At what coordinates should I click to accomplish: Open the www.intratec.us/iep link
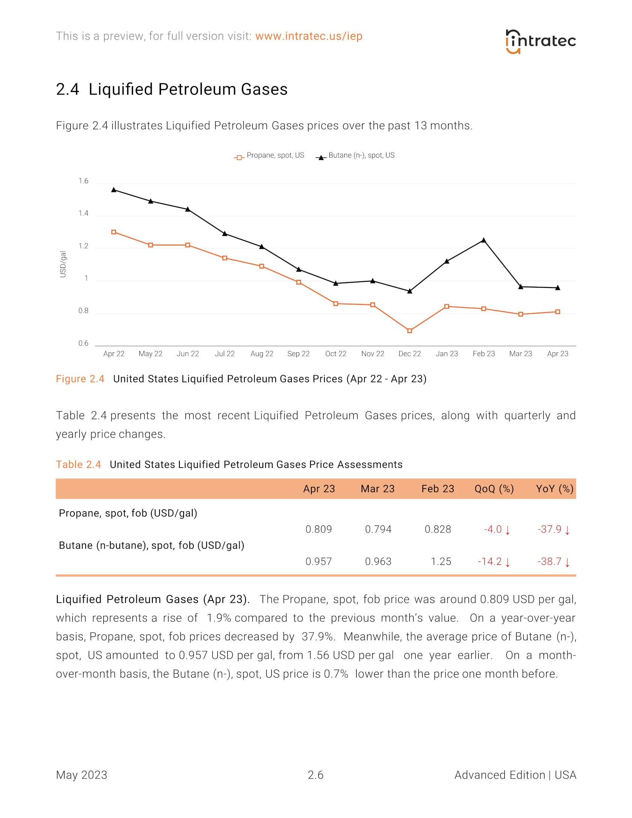[x=309, y=36]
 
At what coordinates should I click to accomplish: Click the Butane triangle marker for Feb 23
[x=484, y=240]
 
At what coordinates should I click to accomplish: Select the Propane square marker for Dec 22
[x=410, y=331]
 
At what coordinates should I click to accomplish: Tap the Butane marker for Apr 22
[x=114, y=190]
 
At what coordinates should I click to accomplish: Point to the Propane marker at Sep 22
[x=299, y=282]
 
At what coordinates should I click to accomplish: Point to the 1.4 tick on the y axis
[x=83, y=213]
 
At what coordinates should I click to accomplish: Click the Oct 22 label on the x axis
[x=336, y=354]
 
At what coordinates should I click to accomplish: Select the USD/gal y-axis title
[x=63, y=264]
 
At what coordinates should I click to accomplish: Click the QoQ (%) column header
[x=494, y=489]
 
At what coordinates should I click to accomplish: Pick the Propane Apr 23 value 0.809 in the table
[x=318, y=529]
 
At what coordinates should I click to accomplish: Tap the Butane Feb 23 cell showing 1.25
[x=441, y=561]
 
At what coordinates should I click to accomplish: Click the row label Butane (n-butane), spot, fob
[x=151, y=545]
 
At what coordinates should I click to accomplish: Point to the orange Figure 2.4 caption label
[x=80, y=379]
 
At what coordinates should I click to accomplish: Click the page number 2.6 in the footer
[x=315, y=775]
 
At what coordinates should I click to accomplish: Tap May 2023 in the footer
[x=81, y=775]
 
